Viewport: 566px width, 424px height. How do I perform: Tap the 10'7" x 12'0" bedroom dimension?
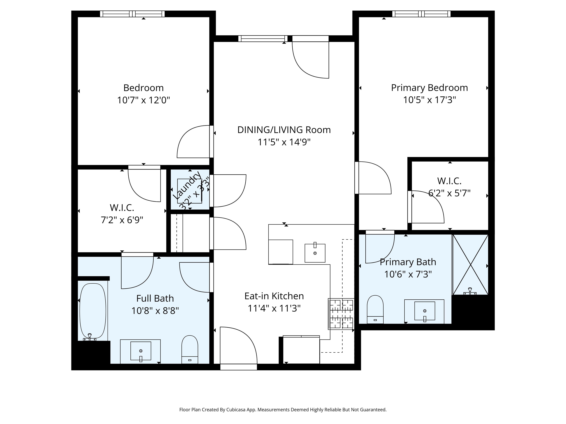pyautogui.click(x=144, y=100)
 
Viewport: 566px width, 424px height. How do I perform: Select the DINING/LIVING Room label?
pyautogui.click(x=284, y=130)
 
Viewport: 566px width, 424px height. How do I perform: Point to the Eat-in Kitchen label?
pyautogui.click(x=274, y=296)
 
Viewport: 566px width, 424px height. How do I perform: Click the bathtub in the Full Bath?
pyautogui.click(x=93, y=311)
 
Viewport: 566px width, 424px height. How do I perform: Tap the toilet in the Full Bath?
pyautogui.click(x=190, y=349)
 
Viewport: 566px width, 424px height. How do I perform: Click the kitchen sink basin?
pyautogui.click(x=315, y=253)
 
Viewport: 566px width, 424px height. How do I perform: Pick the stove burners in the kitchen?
pyautogui.click(x=341, y=314)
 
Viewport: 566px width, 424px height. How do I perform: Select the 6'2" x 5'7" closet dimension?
pyautogui.click(x=450, y=193)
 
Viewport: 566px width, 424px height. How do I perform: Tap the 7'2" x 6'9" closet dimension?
pyautogui.click(x=122, y=220)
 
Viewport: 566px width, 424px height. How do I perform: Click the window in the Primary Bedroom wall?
pyautogui.click(x=421, y=14)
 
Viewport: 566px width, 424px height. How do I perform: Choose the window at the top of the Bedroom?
pyautogui.click(x=132, y=14)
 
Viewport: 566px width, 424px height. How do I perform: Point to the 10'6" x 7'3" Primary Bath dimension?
pyautogui.click(x=408, y=274)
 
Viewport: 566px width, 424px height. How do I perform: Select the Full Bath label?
pyautogui.click(x=155, y=298)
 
